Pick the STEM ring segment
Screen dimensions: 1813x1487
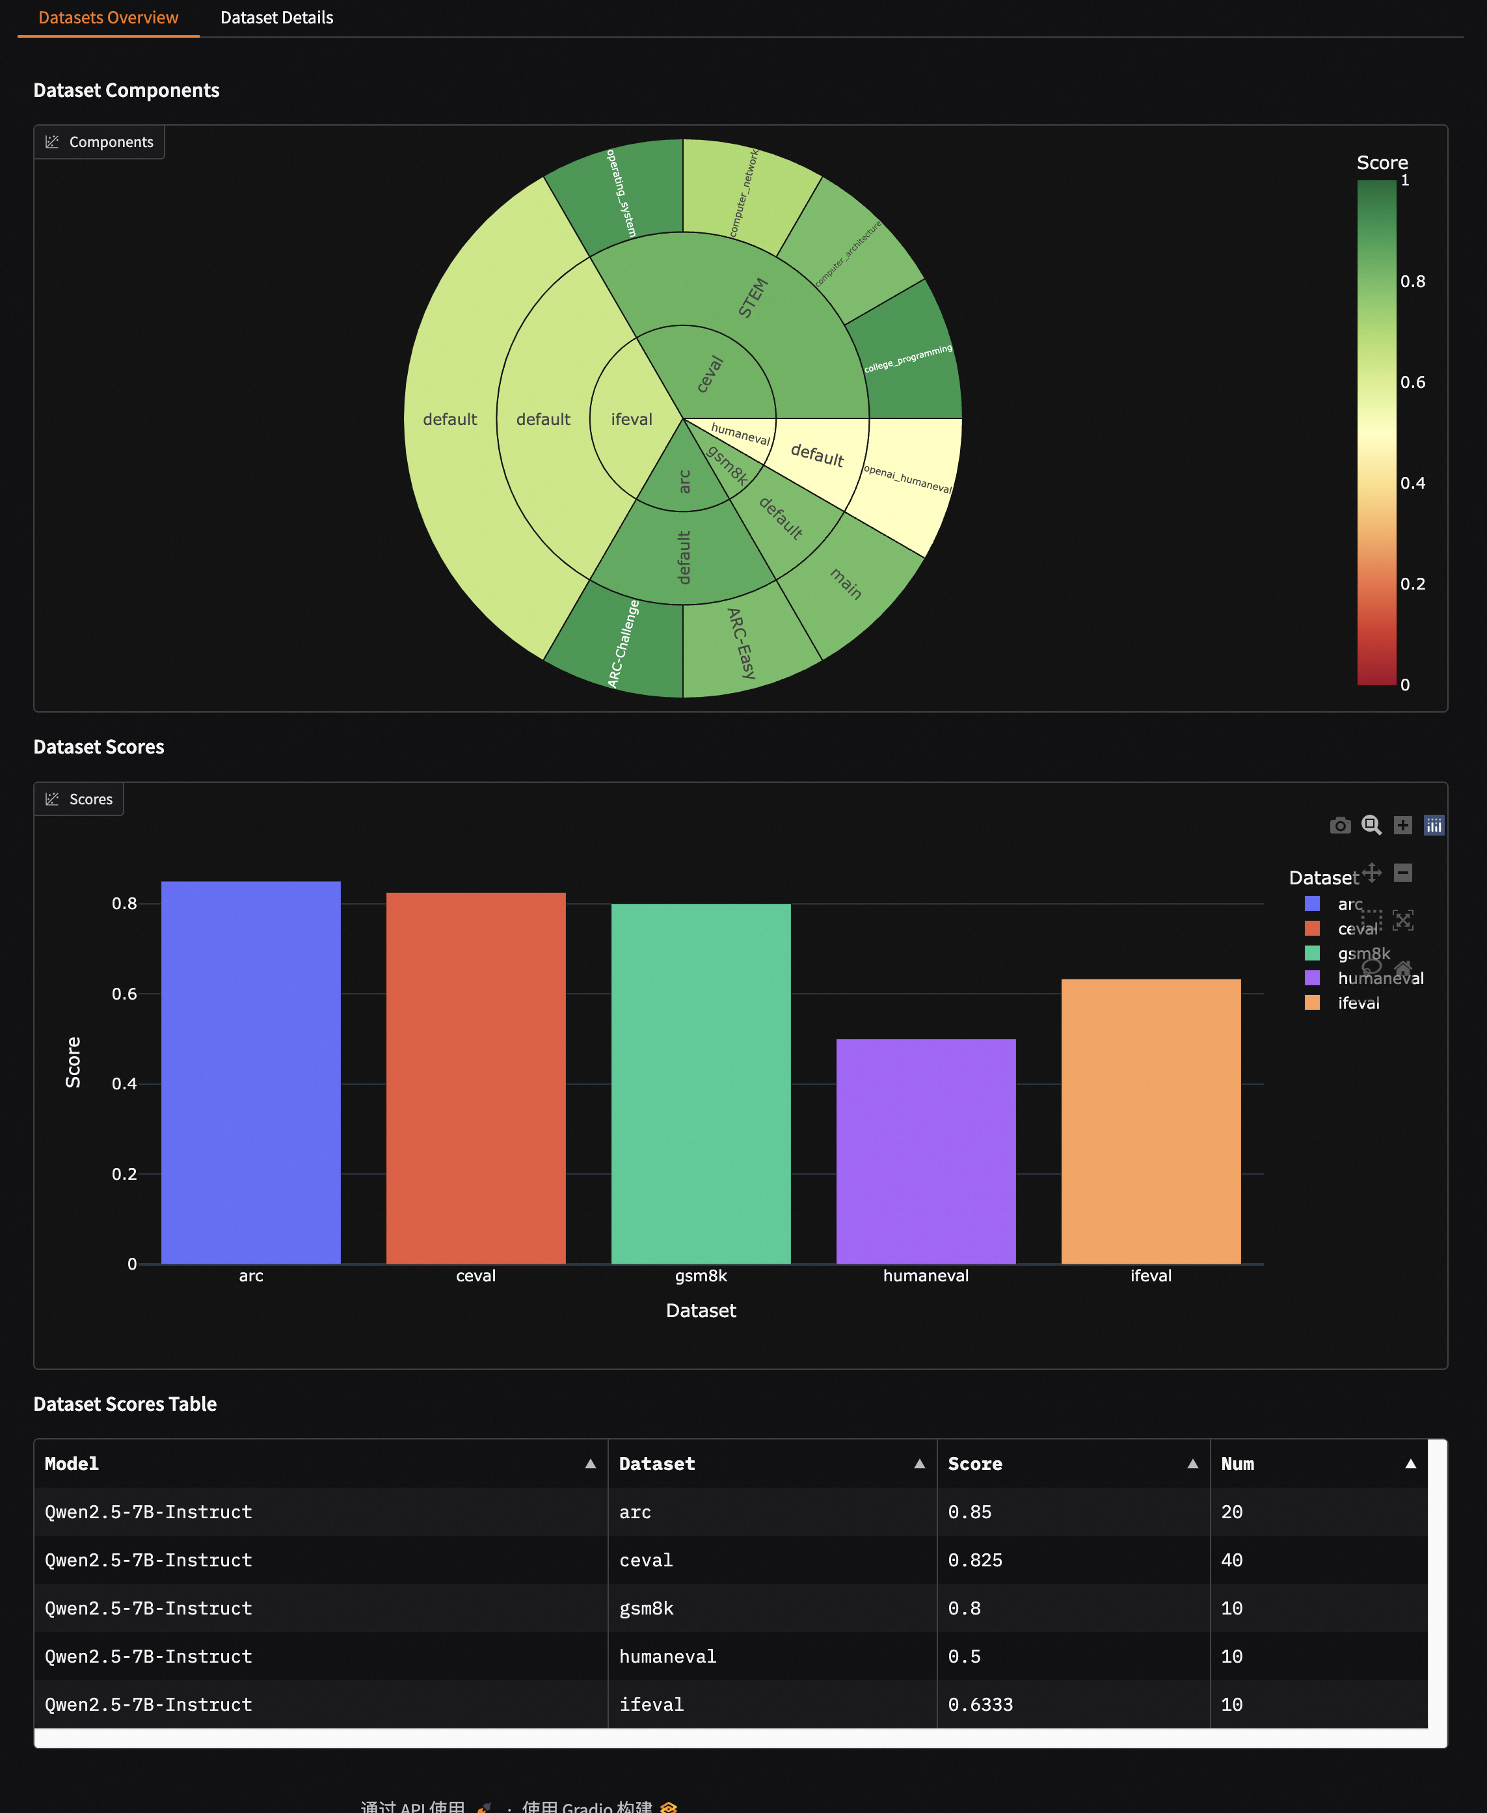[x=754, y=300]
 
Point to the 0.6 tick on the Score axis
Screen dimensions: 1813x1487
[x=124, y=994]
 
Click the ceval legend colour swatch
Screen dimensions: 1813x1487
[x=1311, y=929]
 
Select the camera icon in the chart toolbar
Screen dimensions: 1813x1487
[x=1340, y=825]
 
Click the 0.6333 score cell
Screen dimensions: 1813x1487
[x=980, y=1704]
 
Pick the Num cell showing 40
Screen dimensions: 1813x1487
[x=1232, y=1561]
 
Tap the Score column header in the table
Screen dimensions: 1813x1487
[x=975, y=1464]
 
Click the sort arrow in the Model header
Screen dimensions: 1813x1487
[x=590, y=1464]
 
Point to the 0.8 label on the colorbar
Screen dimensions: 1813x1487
[x=1412, y=281]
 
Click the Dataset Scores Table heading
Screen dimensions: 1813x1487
[x=125, y=1404]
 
